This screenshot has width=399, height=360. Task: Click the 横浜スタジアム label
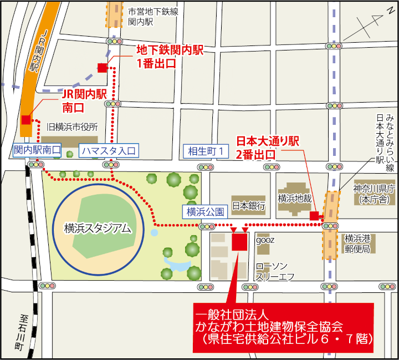click(98, 227)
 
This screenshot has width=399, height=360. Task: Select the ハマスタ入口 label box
click(108, 150)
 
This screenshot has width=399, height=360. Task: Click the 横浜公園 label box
click(205, 211)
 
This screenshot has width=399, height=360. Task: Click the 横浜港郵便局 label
click(357, 244)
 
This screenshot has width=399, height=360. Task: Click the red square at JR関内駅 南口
click(26, 120)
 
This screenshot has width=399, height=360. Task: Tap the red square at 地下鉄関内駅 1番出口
click(102, 68)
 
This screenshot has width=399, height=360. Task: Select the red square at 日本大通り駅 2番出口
click(314, 216)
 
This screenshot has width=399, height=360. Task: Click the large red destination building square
click(239, 242)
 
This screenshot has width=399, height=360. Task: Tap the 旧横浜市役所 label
click(72, 127)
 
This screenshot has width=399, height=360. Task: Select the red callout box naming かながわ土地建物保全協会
click(283, 328)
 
